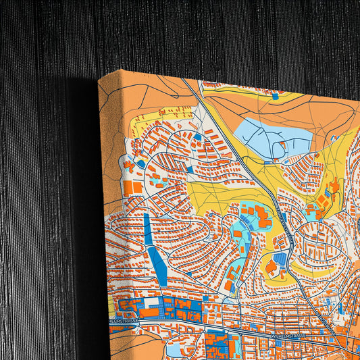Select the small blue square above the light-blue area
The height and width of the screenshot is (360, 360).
(x=276, y=97)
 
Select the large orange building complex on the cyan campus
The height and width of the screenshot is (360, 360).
(x=257, y=219)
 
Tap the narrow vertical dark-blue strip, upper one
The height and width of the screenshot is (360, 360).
(x=148, y=230)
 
